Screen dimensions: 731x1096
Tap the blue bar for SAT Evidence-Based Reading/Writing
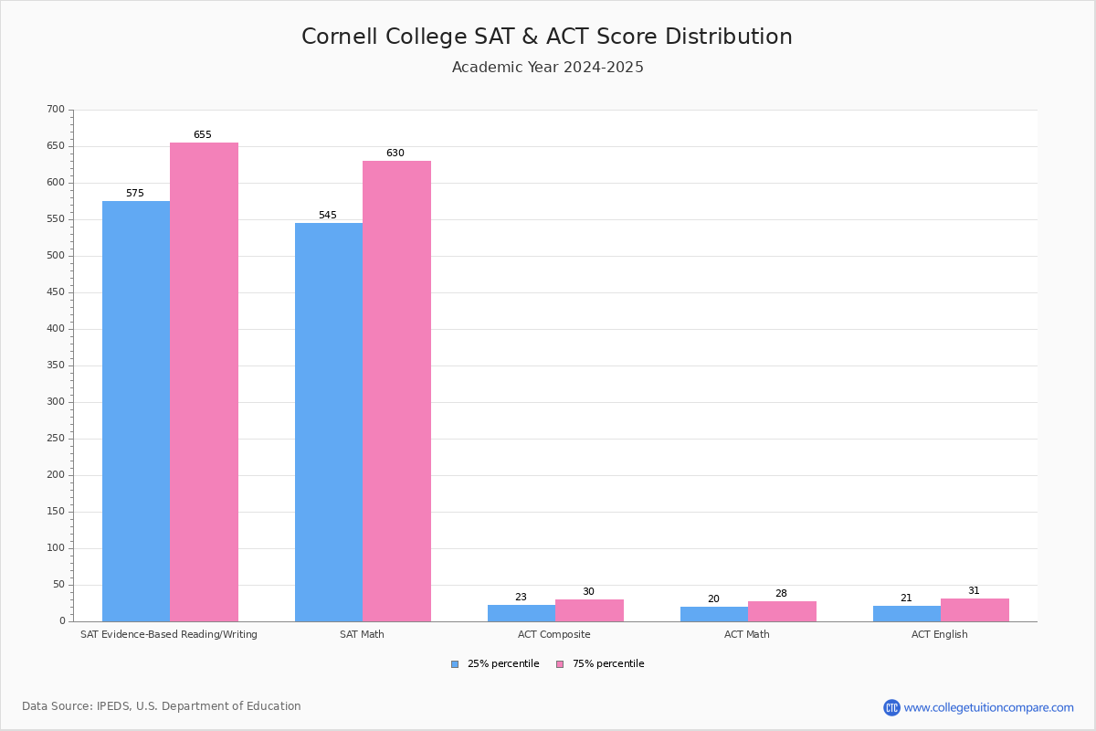click(136, 411)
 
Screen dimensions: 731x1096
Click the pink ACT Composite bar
click(589, 610)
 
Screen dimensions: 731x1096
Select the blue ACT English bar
click(906, 613)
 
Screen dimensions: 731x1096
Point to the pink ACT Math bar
click(782, 611)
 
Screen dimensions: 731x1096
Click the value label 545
click(327, 216)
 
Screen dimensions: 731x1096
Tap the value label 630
click(395, 154)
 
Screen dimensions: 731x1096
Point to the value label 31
click(974, 591)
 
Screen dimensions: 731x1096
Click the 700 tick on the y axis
click(56, 110)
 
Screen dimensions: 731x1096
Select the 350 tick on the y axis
click(56, 365)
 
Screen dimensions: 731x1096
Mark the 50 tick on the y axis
click(58, 585)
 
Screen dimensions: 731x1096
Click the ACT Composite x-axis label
click(555, 634)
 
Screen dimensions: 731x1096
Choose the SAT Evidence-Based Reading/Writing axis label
click(169, 634)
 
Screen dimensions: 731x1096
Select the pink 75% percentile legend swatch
click(560, 664)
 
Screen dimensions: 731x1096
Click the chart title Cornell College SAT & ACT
click(547, 37)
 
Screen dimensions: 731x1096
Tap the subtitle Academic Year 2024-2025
click(547, 68)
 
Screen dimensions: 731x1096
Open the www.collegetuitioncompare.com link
click(988, 707)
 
